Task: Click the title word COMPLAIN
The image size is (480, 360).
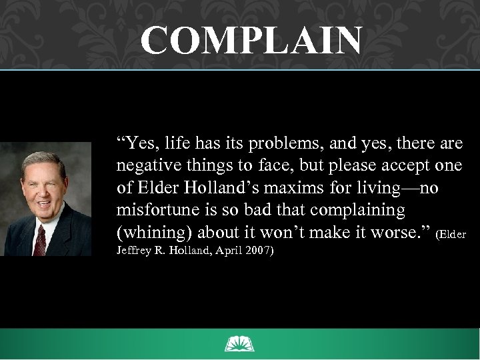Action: (x=252, y=41)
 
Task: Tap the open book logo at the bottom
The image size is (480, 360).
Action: (x=240, y=344)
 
